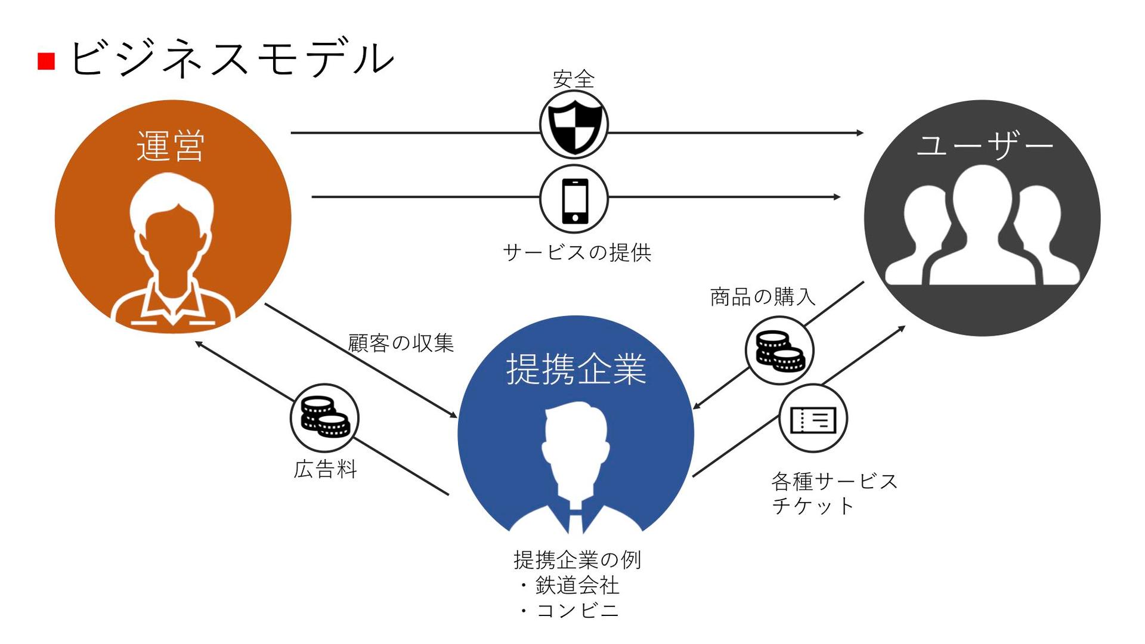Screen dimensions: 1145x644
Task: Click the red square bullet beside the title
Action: click(47, 61)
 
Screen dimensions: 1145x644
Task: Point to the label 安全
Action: click(574, 79)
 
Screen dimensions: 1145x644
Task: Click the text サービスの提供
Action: click(577, 252)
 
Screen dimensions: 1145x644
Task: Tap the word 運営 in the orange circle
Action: click(171, 145)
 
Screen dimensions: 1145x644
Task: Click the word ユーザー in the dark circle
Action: click(985, 145)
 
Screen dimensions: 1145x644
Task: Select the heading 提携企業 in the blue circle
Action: click(576, 369)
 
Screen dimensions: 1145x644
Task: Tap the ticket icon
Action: click(813, 419)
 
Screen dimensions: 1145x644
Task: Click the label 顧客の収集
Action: click(401, 343)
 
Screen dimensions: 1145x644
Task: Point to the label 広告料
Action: click(326, 469)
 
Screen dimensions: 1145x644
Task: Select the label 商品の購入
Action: click(763, 296)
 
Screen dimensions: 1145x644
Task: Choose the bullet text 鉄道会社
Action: click(577, 585)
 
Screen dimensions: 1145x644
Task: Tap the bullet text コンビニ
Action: click(577, 611)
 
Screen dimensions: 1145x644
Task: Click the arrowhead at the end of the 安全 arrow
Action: click(860, 133)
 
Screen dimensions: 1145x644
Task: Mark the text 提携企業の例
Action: click(577, 559)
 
